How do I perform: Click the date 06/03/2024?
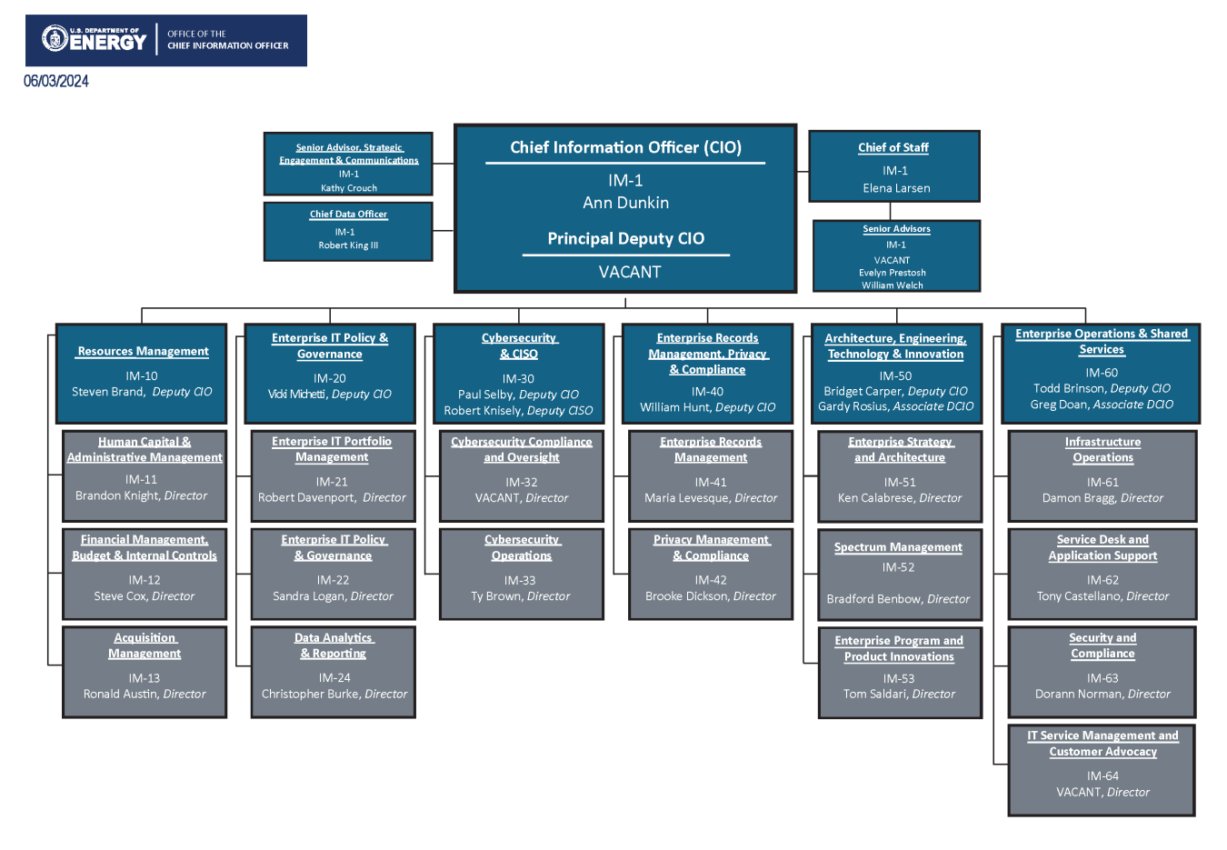56,81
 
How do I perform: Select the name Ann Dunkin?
625,203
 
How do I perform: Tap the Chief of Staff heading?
893,147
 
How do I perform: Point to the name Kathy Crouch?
349,188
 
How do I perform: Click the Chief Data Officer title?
348,215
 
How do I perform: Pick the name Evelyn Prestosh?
893,273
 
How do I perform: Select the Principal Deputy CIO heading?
625,238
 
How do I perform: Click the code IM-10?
142,375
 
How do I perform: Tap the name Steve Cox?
120,596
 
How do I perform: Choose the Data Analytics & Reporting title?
334,645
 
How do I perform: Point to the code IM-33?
520,580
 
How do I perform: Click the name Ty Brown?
496,596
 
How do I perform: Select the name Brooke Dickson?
687,596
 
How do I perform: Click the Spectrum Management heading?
898,547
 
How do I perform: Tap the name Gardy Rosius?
855,406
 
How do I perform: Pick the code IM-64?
1102,775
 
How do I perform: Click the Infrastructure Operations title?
1102,450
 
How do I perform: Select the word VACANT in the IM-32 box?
497,498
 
